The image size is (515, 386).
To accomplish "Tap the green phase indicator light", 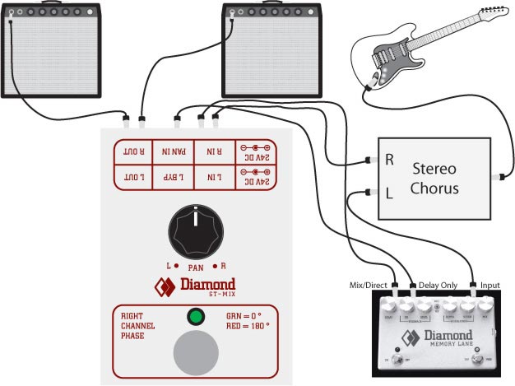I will click(x=195, y=317).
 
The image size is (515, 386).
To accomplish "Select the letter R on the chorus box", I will click(x=389, y=160).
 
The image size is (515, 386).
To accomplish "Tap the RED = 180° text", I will click(x=248, y=326).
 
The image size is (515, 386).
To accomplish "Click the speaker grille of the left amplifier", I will click(x=52, y=58).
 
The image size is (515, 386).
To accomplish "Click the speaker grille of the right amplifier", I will click(x=273, y=58).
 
